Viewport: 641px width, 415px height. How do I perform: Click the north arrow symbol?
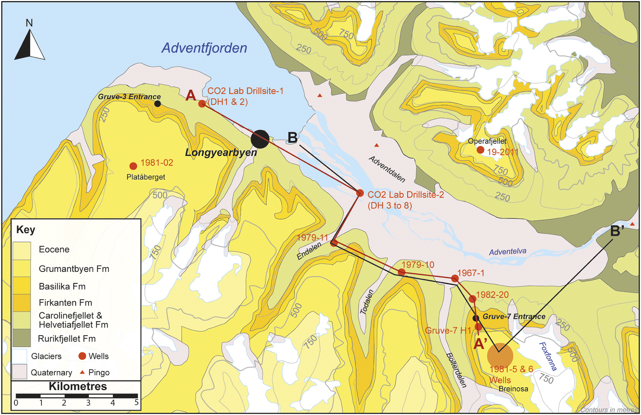tap(30, 45)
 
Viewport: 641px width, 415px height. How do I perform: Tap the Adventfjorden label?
tap(204, 48)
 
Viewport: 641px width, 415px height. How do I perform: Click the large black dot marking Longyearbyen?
tap(260, 139)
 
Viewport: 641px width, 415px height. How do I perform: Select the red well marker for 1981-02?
tap(133, 166)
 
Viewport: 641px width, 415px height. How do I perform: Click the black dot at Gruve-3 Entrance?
tap(157, 104)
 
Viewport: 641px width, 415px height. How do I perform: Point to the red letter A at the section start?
tap(191, 96)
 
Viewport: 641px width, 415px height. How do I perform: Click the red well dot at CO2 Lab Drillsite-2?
tap(360, 193)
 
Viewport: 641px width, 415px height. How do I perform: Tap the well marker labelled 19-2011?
tap(480, 150)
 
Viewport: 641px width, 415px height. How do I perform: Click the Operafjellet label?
tap(487, 141)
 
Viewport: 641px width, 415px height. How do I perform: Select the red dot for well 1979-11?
tap(334, 243)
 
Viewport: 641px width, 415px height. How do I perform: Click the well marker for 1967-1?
tap(455, 278)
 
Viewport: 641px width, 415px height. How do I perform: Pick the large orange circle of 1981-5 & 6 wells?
tap(500, 356)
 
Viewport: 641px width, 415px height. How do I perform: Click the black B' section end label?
tap(617, 231)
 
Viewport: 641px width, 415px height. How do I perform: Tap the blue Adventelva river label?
tap(508, 252)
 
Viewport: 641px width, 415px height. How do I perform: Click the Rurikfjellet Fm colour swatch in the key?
tap(22, 338)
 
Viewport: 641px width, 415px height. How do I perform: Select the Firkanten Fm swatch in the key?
tap(22, 303)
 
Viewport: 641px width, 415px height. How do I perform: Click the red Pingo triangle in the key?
tap(82, 372)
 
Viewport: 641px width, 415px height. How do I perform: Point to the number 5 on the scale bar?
tap(136, 403)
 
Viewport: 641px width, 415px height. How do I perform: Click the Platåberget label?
tap(146, 177)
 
